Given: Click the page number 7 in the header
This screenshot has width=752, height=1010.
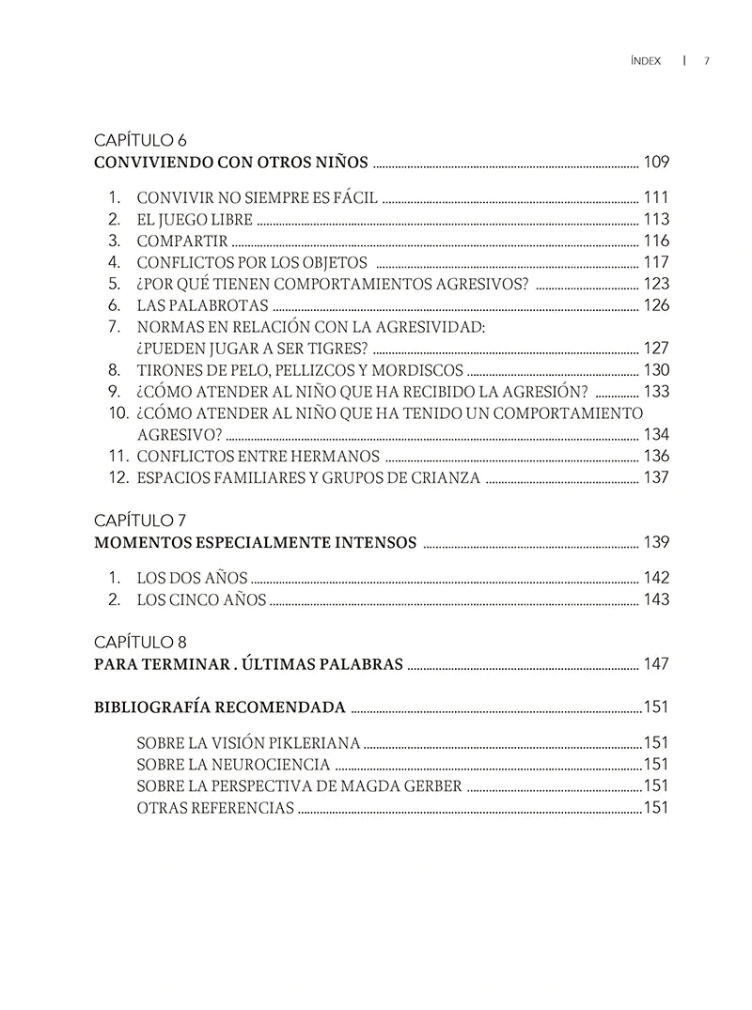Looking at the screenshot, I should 706,61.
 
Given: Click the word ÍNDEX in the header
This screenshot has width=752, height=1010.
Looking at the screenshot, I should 646,61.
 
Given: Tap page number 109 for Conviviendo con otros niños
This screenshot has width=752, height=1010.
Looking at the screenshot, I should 656,162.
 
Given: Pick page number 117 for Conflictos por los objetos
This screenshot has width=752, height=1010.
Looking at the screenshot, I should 656,262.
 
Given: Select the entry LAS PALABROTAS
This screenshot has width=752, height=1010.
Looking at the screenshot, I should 202,305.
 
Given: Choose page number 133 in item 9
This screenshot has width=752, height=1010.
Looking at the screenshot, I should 656,391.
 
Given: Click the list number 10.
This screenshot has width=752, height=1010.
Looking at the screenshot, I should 117,412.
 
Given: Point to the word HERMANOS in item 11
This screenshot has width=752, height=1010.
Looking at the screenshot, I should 337,456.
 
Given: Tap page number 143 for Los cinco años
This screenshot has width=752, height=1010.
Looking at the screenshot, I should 656,599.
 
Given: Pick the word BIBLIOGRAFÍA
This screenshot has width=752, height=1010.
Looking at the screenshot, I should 151,707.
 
